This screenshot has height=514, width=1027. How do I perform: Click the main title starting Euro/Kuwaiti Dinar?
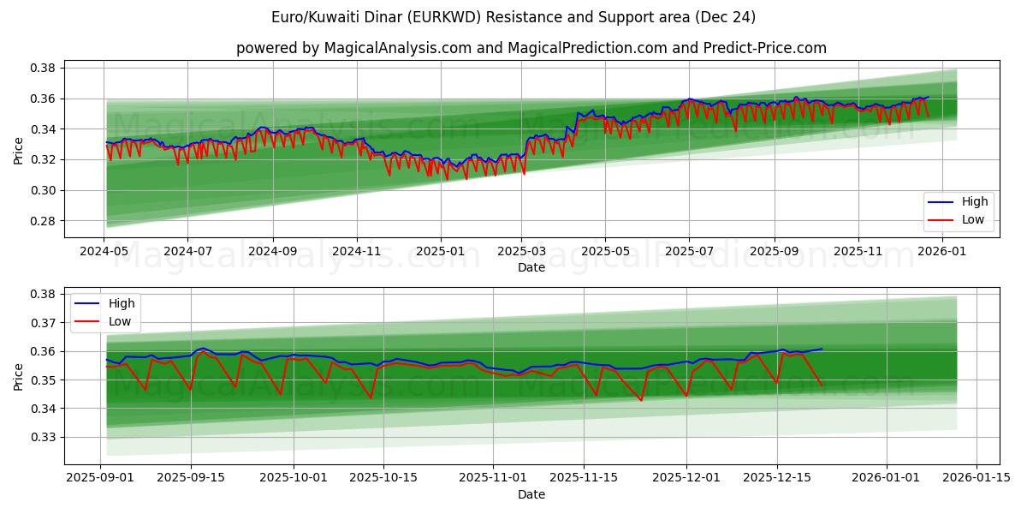[513, 17]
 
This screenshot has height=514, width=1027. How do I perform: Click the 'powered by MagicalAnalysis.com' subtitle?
[531, 48]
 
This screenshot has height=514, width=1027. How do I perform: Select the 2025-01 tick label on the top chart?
[440, 252]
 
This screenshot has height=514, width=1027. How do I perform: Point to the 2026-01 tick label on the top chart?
[941, 252]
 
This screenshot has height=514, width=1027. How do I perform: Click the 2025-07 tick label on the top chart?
[689, 252]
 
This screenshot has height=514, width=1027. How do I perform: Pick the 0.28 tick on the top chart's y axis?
[44, 221]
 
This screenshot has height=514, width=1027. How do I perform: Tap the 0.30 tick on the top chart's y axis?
[44, 190]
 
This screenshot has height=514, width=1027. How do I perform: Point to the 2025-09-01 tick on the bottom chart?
[101, 478]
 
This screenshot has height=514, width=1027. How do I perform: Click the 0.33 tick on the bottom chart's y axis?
[44, 437]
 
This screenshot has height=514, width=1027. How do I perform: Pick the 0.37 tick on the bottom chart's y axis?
[44, 323]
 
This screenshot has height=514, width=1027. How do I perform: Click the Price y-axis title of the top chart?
[19, 152]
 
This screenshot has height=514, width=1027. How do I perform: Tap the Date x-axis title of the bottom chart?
[531, 494]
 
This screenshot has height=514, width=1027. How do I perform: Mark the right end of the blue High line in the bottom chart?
[822, 349]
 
